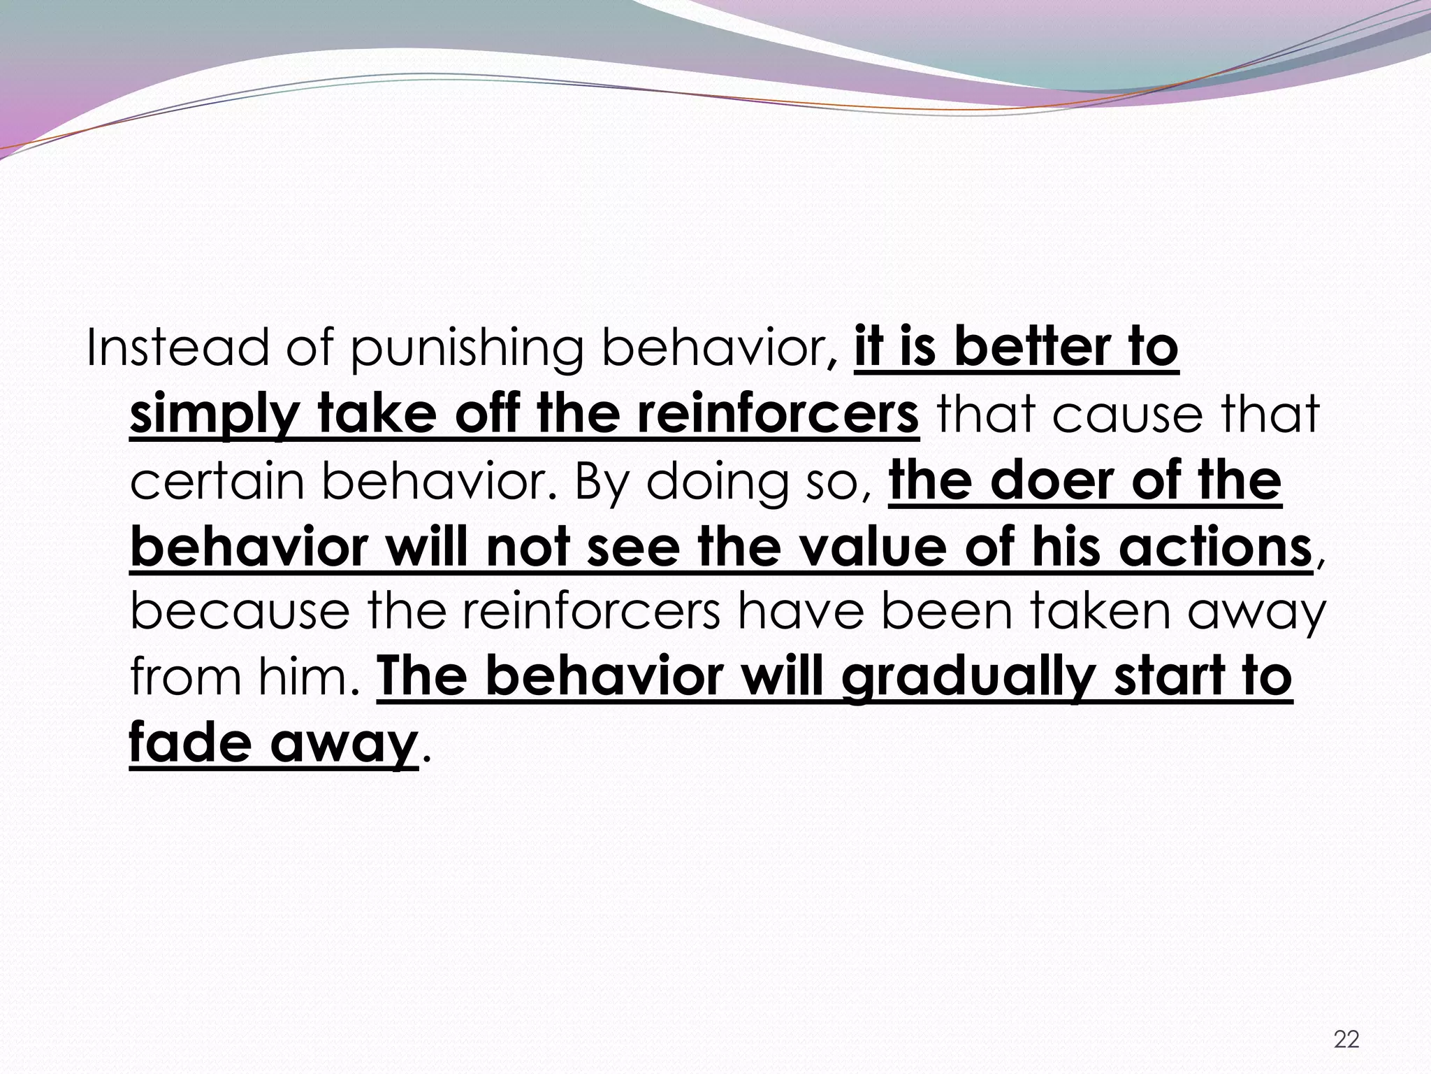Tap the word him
click(x=307, y=678)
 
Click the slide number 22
click(x=1346, y=1040)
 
